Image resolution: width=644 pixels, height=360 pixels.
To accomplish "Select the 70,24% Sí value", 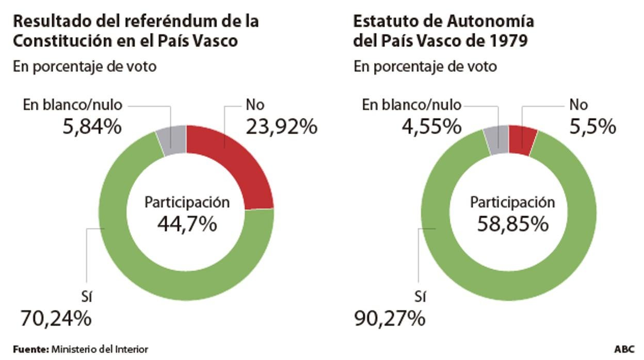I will coord(56,318).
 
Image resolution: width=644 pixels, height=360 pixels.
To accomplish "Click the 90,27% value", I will coord(390,318).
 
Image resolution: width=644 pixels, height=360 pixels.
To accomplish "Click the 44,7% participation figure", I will coord(187,224).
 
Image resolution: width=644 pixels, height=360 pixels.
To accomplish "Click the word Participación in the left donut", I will coord(187,203).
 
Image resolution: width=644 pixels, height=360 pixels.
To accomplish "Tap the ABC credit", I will coord(624,349).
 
